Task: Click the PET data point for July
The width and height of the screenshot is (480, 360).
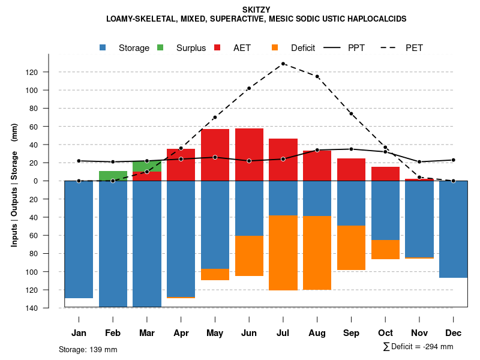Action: tap(283, 64)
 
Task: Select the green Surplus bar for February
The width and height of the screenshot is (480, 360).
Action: tap(113, 176)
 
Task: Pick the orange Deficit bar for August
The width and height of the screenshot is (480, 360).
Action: tap(317, 253)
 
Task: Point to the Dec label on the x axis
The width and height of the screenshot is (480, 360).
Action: tap(453, 333)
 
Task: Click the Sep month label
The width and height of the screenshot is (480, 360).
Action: tap(351, 333)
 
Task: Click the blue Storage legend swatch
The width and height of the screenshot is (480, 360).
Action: tap(103, 47)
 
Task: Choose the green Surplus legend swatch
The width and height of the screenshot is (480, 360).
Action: tap(160, 47)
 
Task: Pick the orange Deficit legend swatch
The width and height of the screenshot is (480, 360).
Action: tap(275, 47)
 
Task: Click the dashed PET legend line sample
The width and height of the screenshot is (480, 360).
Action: tap(391, 47)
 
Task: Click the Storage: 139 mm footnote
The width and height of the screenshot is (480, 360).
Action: tap(88, 349)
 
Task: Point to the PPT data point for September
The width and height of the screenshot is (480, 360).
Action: tap(351, 149)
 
